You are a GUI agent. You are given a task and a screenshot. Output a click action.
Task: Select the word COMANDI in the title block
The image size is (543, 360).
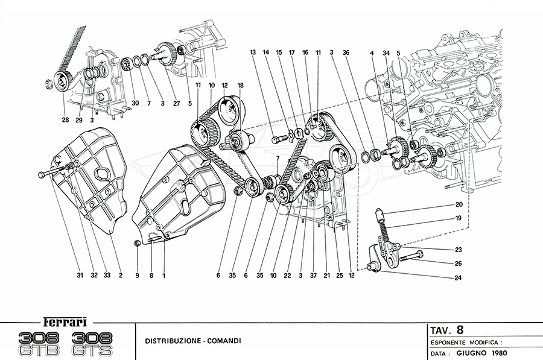click(224, 341)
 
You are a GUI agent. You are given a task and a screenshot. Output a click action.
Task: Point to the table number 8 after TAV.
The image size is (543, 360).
click(460, 330)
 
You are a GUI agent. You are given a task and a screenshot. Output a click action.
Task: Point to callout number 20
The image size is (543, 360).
click(459, 204)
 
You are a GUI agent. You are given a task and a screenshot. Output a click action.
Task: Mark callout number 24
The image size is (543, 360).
click(459, 279)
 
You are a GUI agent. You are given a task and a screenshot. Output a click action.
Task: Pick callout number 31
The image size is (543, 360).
click(79, 276)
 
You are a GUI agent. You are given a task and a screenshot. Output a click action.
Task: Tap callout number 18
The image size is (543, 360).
click(240, 85)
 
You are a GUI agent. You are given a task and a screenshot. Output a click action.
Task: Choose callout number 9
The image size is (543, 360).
click(136, 276)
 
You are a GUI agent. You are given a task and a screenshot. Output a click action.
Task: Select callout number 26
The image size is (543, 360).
click(459, 264)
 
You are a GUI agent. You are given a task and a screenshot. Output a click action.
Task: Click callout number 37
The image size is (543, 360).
click(313, 276)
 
